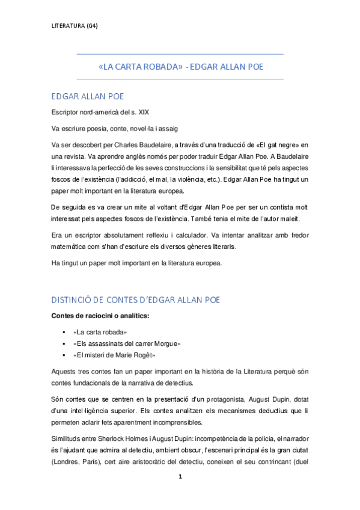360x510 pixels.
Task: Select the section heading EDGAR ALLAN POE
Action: [x=88, y=96]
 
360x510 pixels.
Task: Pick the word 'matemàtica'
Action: [x=70, y=247]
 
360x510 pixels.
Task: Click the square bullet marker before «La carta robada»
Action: [x=63, y=332]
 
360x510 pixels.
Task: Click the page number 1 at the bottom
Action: [x=180, y=493]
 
